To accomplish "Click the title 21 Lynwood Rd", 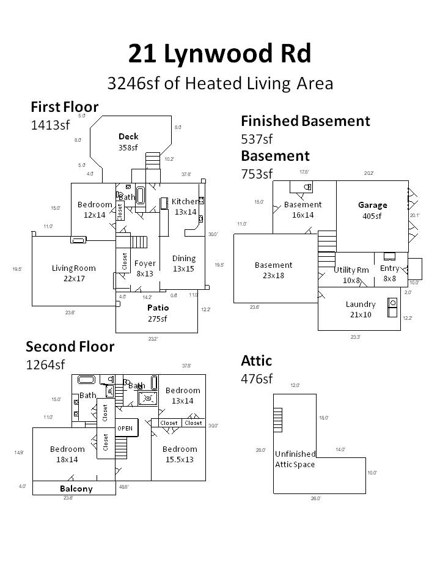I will pos(219,54).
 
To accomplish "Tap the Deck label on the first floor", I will pos(128,141).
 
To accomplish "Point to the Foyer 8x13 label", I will pos(145,268).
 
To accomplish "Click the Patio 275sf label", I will pos(158,312).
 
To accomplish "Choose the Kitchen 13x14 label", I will pos(185,207).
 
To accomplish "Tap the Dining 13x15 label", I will pos(183,263).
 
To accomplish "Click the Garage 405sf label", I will pos(372,210).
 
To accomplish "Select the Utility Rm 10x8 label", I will pos(351,275).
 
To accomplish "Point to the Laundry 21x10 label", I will pos(360,309).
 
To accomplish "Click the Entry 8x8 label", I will pos(389,273).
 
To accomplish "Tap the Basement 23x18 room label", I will pos(273,270).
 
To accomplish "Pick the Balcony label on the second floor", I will pos(76,489).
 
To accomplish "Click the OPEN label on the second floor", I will pos(125,428).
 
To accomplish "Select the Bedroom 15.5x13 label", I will pos(180,454).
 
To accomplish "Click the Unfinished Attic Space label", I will pos(295,459).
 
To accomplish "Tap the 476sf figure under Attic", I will pos(257,378).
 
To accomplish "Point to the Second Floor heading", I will pos(70,347).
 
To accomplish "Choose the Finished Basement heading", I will pos(306,121).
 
